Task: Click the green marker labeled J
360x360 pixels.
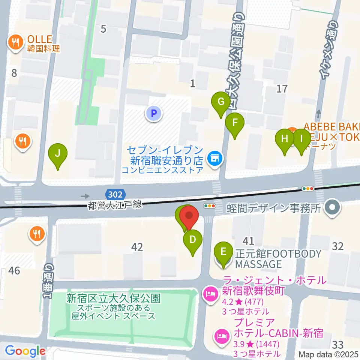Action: pos(57,154)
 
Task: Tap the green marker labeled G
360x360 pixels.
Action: pos(221,102)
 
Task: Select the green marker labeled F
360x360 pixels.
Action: pos(235,123)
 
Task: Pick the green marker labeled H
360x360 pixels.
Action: pos(285,139)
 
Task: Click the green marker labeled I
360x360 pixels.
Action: pos(301,139)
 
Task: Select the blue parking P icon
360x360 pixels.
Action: pos(153,112)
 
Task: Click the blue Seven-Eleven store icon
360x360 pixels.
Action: pos(214,159)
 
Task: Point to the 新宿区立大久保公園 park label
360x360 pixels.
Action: pos(113,298)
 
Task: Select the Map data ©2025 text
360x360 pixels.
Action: pos(328,354)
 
